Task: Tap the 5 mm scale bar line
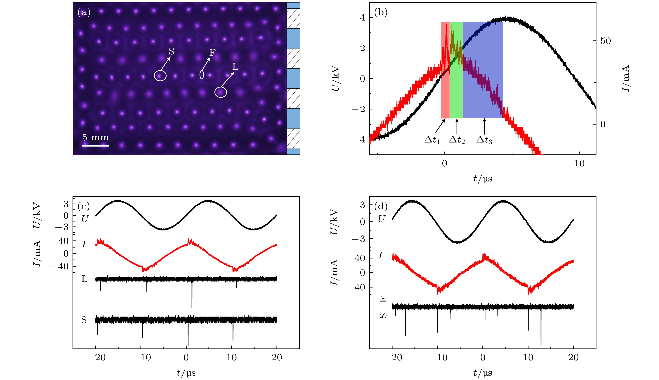[96, 145]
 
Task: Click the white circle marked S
[160, 76]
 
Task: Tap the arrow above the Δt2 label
[457, 126]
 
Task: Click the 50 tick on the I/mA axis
[605, 41]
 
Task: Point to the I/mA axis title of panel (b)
[626, 78]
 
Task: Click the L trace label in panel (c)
[84, 279]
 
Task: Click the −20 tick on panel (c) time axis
[96, 357]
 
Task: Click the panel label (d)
[381, 206]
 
